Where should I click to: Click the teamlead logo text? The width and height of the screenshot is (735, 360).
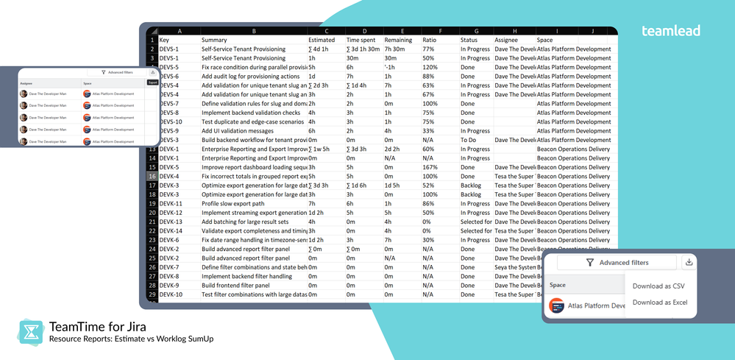click(x=670, y=31)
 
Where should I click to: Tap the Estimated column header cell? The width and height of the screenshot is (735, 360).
click(x=322, y=40)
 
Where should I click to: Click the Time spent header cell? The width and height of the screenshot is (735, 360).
click(x=361, y=40)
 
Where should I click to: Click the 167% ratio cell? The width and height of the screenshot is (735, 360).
click(x=430, y=167)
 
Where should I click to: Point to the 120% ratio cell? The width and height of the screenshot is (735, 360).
click(x=430, y=67)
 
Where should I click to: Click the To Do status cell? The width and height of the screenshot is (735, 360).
click(x=468, y=140)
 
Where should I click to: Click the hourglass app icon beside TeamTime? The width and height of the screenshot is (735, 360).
click(x=30, y=332)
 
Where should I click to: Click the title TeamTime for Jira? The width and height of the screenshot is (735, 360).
click(x=96, y=326)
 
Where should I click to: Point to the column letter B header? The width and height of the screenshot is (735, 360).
click(x=253, y=31)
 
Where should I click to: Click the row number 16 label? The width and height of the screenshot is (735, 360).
click(x=152, y=177)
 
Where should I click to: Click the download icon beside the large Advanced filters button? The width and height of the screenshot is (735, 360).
click(x=689, y=262)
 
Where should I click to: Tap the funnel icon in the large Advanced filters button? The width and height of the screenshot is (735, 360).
click(x=589, y=262)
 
